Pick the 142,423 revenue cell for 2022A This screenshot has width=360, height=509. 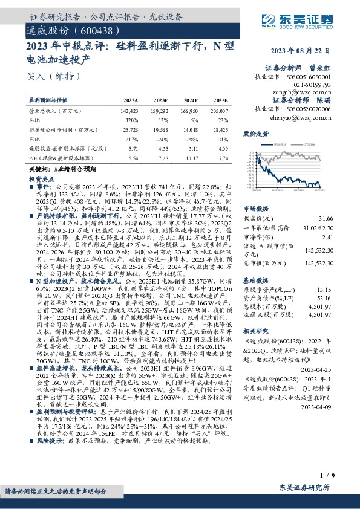coord(130,111)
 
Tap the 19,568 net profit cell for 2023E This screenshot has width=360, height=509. coord(160,129)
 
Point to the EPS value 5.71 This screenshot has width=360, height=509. coord(133,148)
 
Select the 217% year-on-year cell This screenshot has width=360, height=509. coord(133,138)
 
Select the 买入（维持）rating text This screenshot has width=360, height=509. coord(45,76)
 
